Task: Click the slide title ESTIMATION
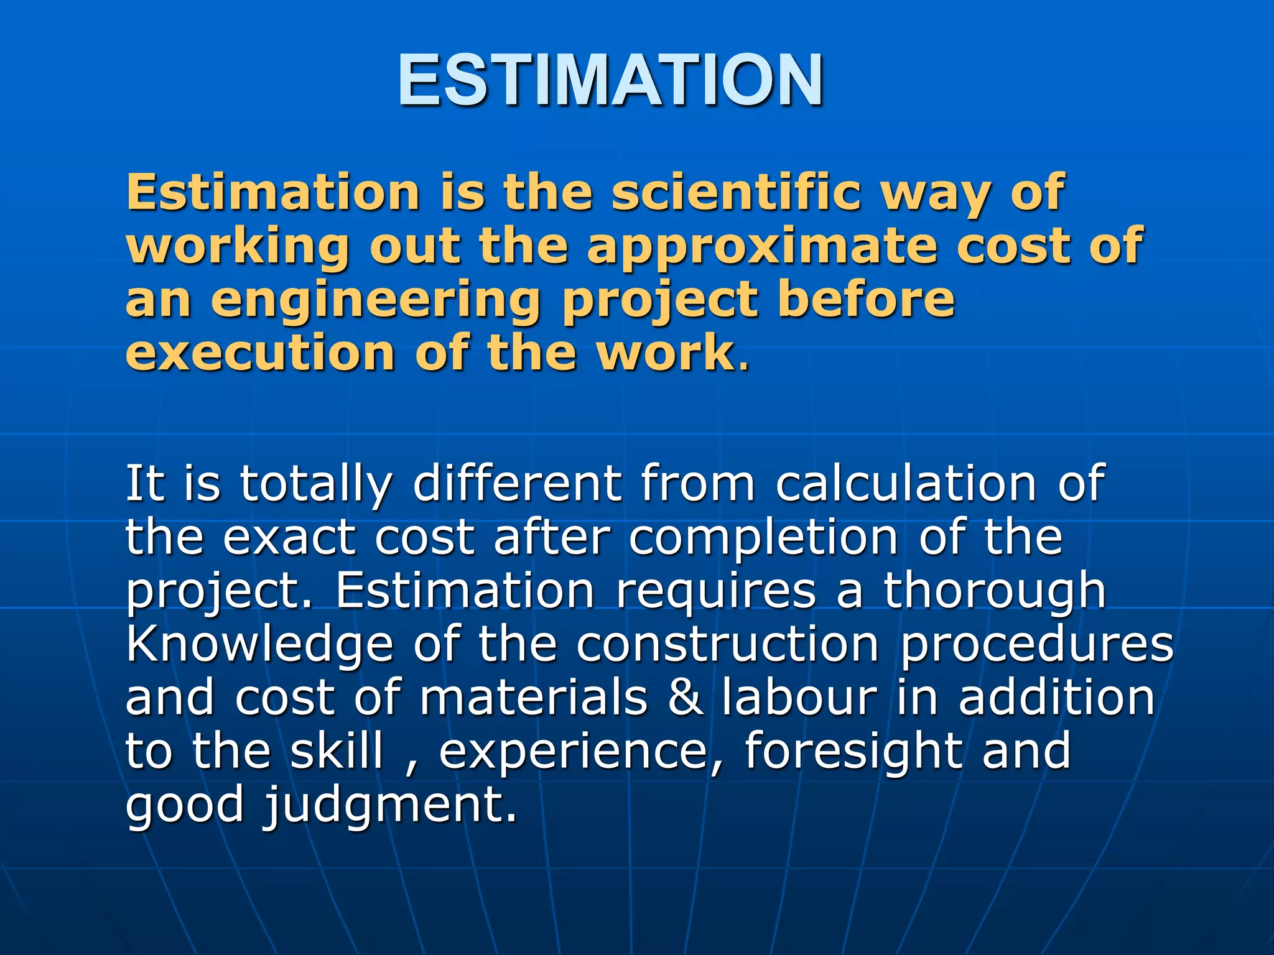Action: pos(611,80)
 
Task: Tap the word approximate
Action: pos(762,246)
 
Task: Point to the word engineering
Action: pos(376,300)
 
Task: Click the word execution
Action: pos(260,353)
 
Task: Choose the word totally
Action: pos(316,484)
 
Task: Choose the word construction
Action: pos(728,645)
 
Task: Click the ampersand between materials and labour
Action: pos(686,698)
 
